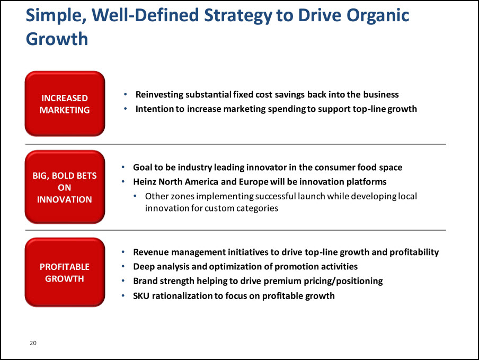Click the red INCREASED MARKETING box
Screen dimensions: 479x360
pos(65,103)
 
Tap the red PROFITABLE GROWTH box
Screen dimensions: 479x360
pos(65,273)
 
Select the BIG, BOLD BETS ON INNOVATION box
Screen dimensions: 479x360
pos(65,187)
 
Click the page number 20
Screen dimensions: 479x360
pos(33,343)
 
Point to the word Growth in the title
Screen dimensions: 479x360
pos(57,39)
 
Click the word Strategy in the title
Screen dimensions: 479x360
pos(238,16)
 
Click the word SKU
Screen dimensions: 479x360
pos(141,296)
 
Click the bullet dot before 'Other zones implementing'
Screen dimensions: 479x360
pos(135,196)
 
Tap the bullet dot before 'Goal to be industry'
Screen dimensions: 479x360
pos(123,167)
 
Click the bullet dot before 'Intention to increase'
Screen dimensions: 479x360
pos(125,109)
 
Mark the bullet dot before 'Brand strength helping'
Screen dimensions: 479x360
pos(123,280)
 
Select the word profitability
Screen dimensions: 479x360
pos(414,252)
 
